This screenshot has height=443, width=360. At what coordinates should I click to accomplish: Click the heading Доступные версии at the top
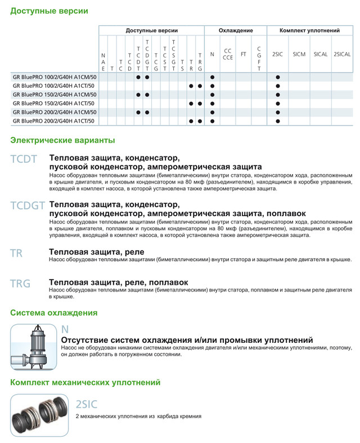49,11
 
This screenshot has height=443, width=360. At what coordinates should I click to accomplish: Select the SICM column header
299,54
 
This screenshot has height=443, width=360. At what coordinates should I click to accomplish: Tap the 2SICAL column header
342,54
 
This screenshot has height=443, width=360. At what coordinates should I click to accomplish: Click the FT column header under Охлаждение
243,54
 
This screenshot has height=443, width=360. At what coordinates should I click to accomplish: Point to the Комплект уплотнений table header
309,30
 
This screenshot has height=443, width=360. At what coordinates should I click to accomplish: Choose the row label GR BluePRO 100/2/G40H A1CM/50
54,77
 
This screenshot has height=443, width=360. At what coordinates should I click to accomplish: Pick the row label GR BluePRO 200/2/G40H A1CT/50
54,121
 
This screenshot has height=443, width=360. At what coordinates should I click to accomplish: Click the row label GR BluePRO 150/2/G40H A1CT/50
54,104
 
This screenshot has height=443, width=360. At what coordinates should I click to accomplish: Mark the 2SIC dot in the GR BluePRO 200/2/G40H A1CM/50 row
278,113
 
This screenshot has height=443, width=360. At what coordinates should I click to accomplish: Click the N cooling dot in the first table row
212,77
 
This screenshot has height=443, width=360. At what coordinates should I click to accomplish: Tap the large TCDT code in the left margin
24,159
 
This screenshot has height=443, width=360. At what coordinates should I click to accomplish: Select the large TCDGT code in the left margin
28,206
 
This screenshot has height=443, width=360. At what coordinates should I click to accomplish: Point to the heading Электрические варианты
62,140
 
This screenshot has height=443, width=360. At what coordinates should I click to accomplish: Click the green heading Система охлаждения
54,313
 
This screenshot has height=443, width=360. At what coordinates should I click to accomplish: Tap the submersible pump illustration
33,347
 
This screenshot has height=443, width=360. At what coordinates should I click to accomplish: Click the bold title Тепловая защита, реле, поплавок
119,282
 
